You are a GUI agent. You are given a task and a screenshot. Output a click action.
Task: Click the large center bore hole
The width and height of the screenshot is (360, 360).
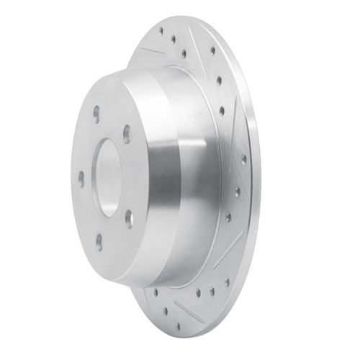click(x=109, y=176)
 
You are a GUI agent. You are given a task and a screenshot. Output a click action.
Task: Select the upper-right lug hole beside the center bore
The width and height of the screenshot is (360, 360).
click(x=127, y=135)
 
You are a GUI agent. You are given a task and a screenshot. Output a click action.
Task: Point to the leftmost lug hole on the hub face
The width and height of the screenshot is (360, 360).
click(x=81, y=176)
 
